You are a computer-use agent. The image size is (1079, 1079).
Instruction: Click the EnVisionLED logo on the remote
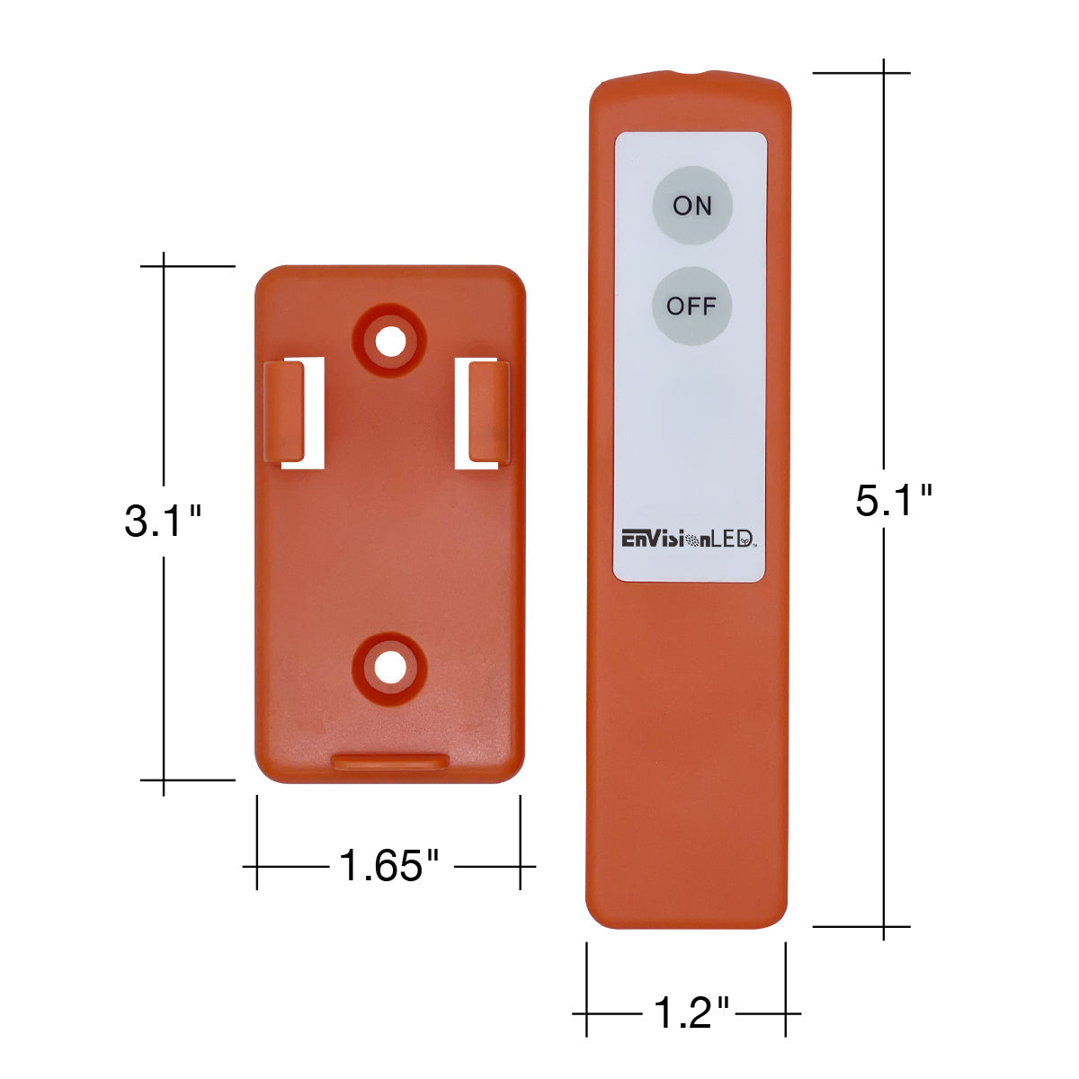pyautogui.click(x=689, y=539)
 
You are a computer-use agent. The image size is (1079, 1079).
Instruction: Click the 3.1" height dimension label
pyautogui.click(x=163, y=522)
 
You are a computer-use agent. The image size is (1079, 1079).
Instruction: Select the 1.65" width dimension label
pyautogui.click(x=388, y=866)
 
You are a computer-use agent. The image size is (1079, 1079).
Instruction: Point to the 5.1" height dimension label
pyautogui.click(x=893, y=500)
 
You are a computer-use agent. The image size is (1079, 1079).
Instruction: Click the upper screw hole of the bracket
pyautogui.click(x=389, y=341)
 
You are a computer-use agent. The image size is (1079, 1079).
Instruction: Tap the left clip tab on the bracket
pyautogui.click(x=284, y=412)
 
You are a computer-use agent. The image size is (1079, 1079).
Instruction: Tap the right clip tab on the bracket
pyautogui.click(x=489, y=413)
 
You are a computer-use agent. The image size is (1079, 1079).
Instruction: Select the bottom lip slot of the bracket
pyautogui.click(x=389, y=762)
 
